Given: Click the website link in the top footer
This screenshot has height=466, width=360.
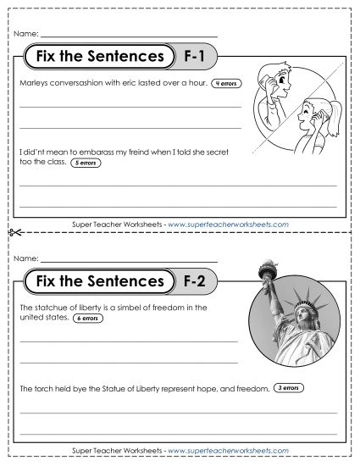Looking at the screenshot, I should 229,224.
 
